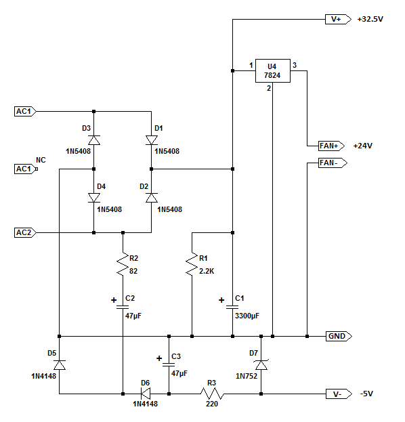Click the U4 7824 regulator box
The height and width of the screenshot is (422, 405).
pyautogui.click(x=273, y=70)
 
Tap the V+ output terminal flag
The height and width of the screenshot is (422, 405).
pyautogui.click(x=338, y=20)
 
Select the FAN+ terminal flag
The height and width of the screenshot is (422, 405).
pyautogui.click(x=331, y=146)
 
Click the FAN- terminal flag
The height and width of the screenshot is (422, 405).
pyautogui.click(x=333, y=163)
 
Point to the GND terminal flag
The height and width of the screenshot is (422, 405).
pyautogui.click(x=339, y=336)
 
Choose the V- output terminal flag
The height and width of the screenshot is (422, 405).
pyautogui.click(x=339, y=394)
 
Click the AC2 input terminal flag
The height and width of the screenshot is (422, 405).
pyautogui.click(x=25, y=232)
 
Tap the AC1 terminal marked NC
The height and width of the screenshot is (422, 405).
pyautogui.click(x=26, y=169)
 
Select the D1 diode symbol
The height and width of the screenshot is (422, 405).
pyautogui.click(x=152, y=140)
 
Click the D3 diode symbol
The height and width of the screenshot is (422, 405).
pyautogui.click(x=94, y=140)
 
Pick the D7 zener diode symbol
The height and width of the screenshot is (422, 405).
pyautogui.click(x=261, y=365)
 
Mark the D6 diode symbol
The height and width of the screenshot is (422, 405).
pyautogui.click(x=146, y=394)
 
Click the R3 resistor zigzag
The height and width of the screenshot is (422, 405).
pyautogui.click(x=212, y=394)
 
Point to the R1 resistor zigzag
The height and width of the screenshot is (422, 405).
pyautogui.click(x=192, y=264)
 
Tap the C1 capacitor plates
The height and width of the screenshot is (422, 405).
pyautogui.click(x=232, y=307)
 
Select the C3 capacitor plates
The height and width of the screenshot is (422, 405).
pyautogui.click(x=169, y=364)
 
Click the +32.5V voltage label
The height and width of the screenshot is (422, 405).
pyautogui.click(x=370, y=20)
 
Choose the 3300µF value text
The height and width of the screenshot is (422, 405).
pyautogui.click(x=247, y=316)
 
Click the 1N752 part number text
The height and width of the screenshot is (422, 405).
pyautogui.click(x=247, y=376)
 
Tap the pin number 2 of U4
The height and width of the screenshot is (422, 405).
pyautogui.click(x=269, y=88)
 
